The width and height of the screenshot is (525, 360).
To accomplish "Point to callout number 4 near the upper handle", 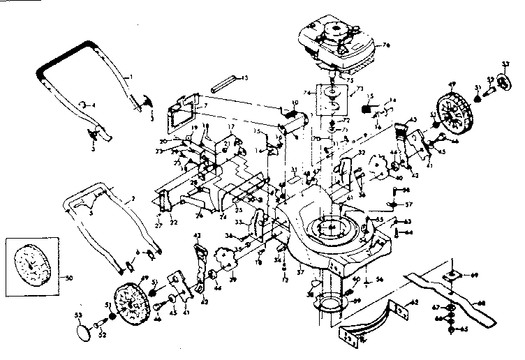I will pyautogui.click(x=94, y=105).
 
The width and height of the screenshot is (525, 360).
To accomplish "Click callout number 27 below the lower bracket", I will pyautogui.click(x=158, y=225).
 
